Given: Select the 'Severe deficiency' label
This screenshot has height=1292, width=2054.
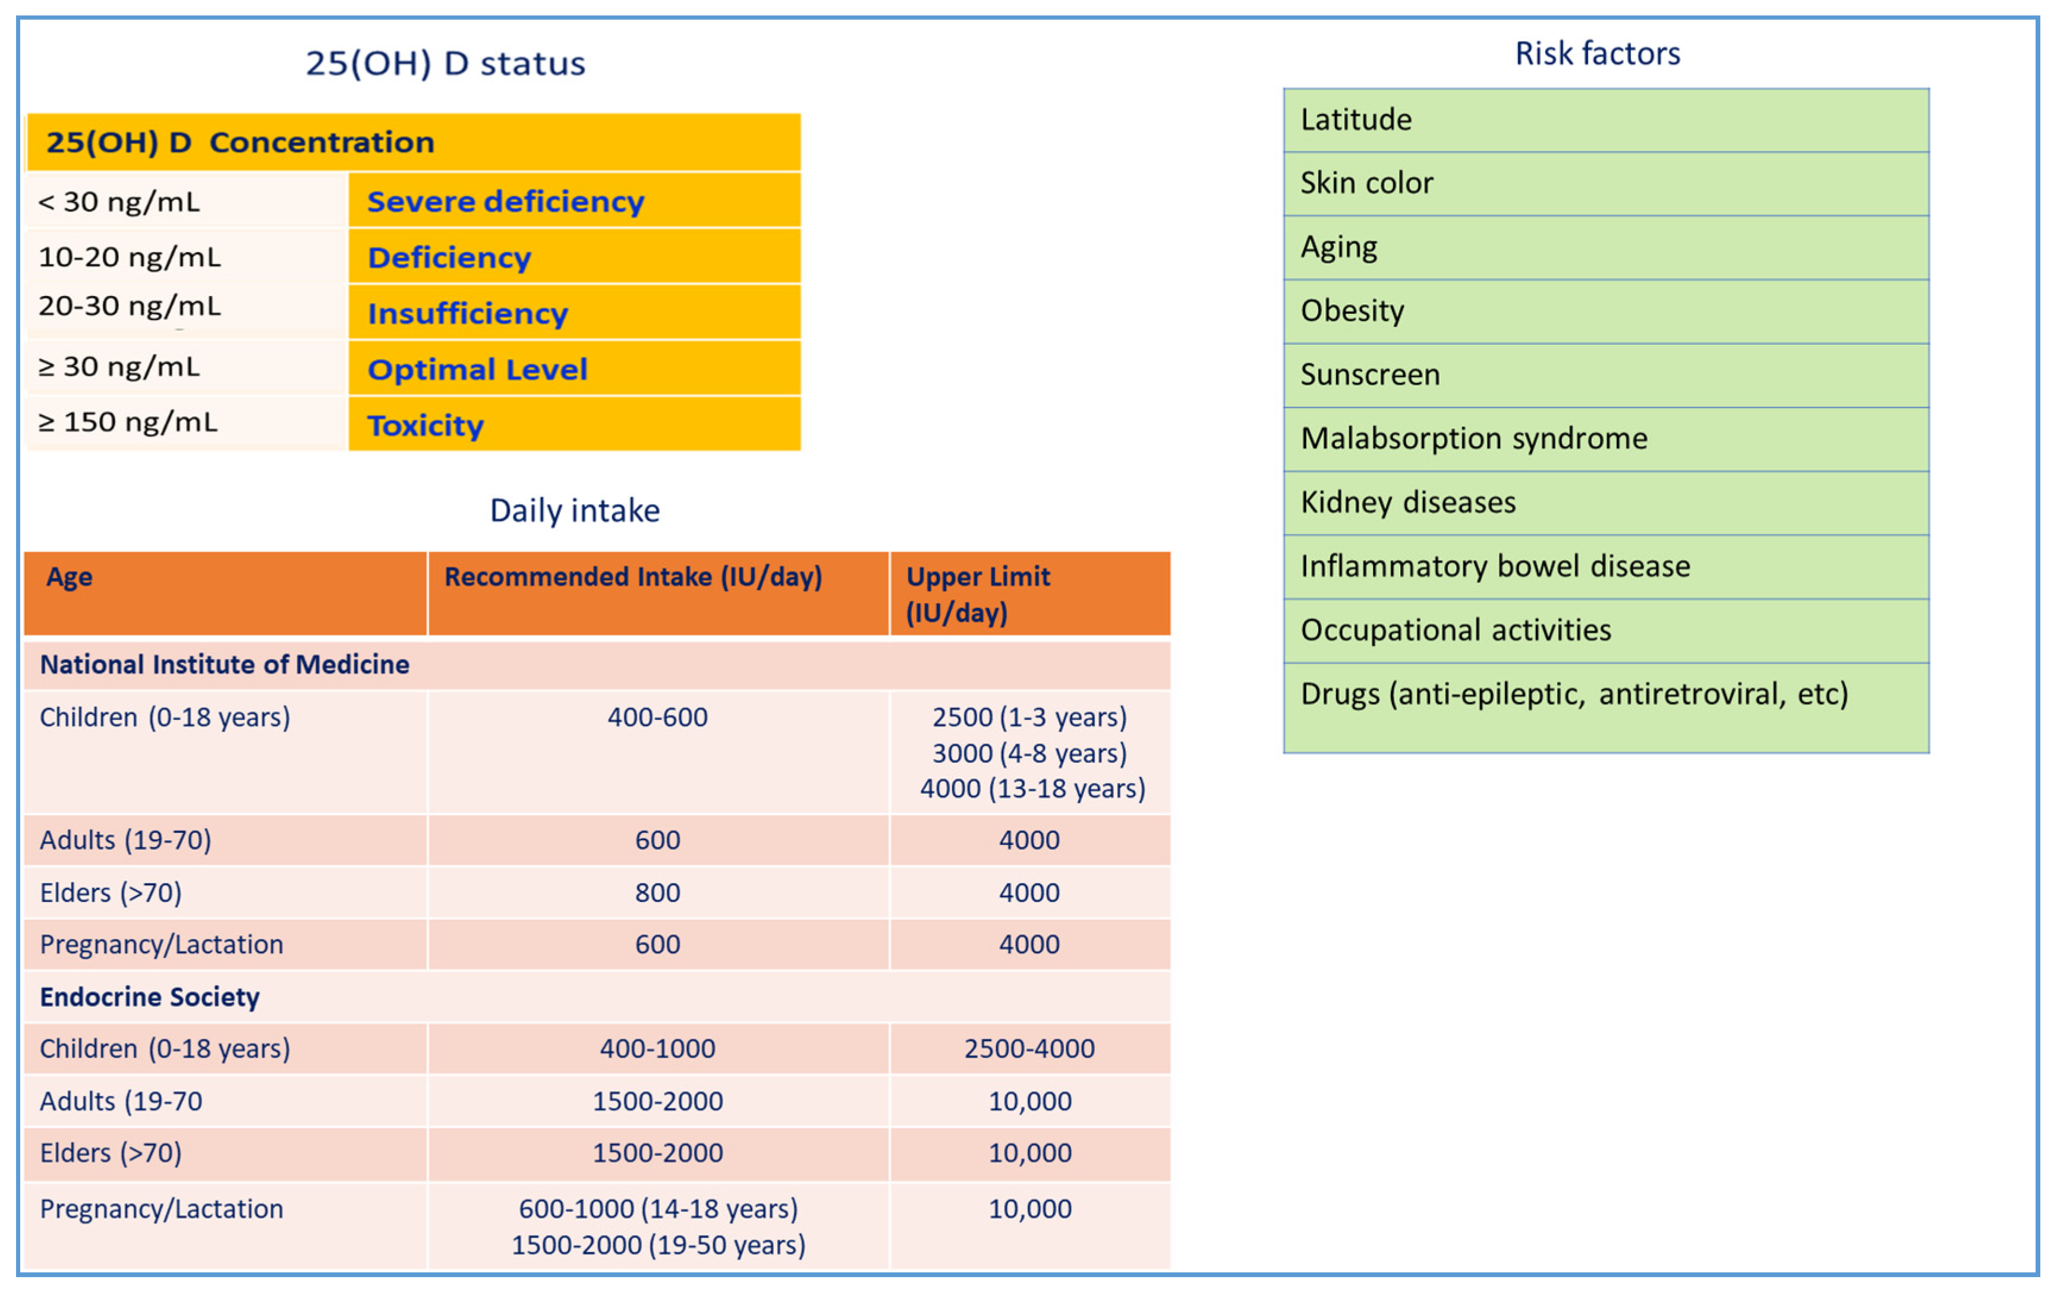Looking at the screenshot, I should click(x=505, y=202).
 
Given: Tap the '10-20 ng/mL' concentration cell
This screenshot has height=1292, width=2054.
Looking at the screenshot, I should click(x=130, y=257).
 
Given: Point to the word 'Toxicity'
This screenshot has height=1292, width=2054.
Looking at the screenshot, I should click(x=425, y=425).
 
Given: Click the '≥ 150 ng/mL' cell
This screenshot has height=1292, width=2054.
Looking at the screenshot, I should click(x=128, y=422).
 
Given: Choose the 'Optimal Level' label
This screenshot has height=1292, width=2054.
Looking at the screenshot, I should click(x=477, y=369).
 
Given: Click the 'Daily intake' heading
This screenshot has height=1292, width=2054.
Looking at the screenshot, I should click(x=574, y=510).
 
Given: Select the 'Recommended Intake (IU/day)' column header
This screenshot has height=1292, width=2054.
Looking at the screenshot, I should click(x=633, y=577).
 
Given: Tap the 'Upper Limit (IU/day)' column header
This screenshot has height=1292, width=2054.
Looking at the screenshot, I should click(x=978, y=594).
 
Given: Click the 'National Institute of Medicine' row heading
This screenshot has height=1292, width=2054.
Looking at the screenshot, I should click(x=224, y=665).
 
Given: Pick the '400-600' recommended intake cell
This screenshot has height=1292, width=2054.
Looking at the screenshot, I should click(x=657, y=717).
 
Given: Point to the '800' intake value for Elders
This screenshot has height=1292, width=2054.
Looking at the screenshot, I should click(x=657, y=892).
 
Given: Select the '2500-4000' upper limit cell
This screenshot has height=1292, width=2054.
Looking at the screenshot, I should click(x=1029, y=1048).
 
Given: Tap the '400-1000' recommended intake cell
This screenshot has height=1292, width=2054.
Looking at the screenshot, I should click(x=657, y=1048).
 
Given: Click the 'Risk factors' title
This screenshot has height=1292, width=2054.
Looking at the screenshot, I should click(x=1597, y=54).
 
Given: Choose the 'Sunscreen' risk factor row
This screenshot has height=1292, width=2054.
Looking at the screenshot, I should click(x=1370, y=375).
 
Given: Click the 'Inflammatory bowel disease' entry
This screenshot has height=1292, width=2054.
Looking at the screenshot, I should click(x=1494, y=567).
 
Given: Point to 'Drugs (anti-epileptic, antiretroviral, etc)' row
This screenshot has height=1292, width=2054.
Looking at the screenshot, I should click(x=1574, y=694).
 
